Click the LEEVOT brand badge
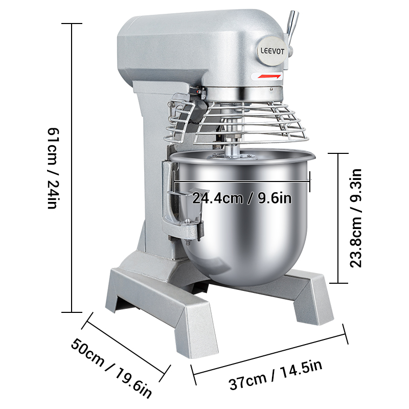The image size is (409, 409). pos(271,51)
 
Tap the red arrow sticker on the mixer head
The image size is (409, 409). pos(269,76)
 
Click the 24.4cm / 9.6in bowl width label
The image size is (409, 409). pos(242,198)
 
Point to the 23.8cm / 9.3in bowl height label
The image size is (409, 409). pos(355,218)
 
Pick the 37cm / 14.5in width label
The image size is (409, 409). pos(276,375)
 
